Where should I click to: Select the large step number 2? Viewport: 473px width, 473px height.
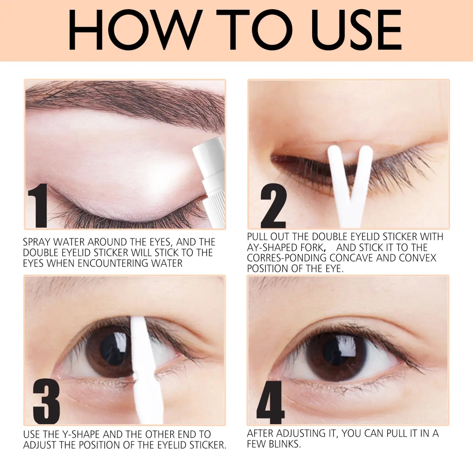click(273, 207)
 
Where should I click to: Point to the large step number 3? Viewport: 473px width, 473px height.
click(46, 401)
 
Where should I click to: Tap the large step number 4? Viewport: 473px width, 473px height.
click(270, 403)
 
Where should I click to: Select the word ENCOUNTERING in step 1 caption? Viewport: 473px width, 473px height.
click(112, 263)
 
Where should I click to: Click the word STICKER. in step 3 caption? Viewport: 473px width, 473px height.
click(208, 445)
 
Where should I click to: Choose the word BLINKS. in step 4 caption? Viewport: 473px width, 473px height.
click(285, 444)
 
